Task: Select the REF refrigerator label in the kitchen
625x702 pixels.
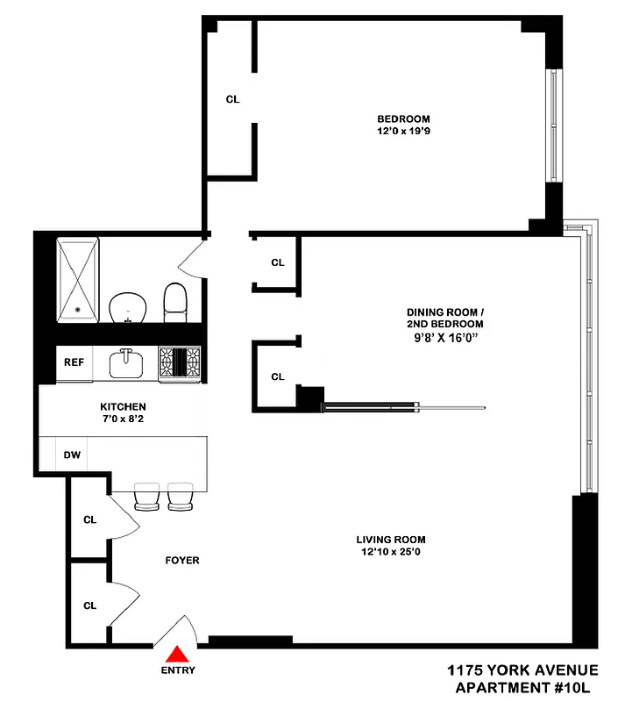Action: tap(72, 361)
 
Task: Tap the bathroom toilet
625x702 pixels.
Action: tap(176, 301)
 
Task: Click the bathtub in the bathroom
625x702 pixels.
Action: tap(77, 279)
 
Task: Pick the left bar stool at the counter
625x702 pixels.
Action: tap(146, 496)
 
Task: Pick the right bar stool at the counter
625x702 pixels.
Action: tap(180, 496)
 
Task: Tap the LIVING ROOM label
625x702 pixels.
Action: tap(390, 540)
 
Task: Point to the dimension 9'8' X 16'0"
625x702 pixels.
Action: tap(444, 335)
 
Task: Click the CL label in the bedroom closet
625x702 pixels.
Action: tap(232, 99)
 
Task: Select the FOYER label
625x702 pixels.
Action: tap(181, 560)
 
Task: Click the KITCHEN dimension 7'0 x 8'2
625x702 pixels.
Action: tap(123, 419)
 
